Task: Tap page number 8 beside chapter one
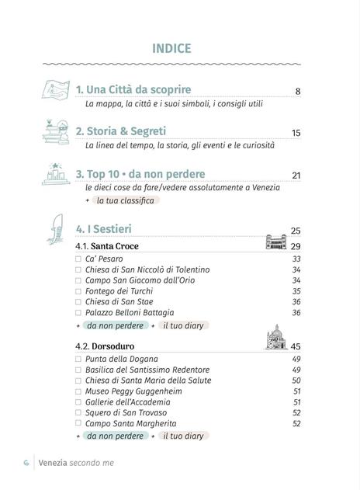[298, 92]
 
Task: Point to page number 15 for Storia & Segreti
[296, 134]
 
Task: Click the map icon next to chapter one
[55, 92]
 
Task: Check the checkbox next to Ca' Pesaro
[78, 259]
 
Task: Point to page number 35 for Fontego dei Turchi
[296, 291]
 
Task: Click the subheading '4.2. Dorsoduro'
[104, 346]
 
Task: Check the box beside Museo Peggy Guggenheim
[78, 391]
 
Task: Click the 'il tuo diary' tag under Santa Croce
[182, 325]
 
